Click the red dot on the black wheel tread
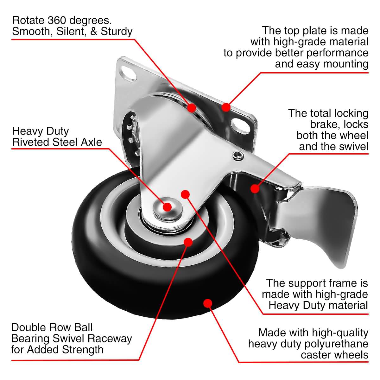coord(207,303)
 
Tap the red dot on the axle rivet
coord(167,207)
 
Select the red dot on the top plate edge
coord(225,107)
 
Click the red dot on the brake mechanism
coord(255,189)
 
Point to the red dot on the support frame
coord(185,193)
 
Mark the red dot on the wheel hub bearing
coord(188,242)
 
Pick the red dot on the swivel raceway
coord(191,108)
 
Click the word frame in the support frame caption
coord(338,283)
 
